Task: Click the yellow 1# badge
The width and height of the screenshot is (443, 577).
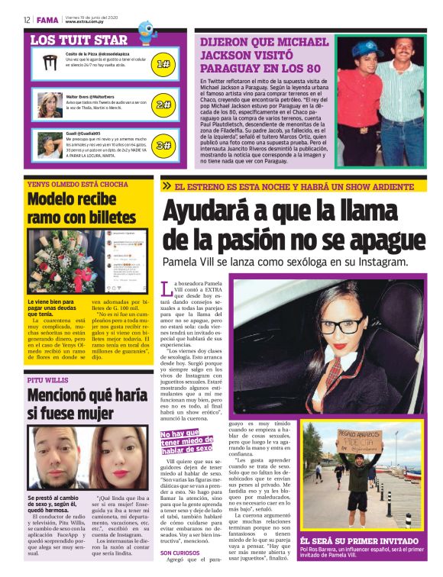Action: [163, 64]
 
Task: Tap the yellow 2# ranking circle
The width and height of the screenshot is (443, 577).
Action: [163, 104]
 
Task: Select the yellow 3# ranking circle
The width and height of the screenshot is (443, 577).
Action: [163, 144]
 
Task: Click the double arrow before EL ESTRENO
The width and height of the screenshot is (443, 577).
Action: [167, 186]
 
